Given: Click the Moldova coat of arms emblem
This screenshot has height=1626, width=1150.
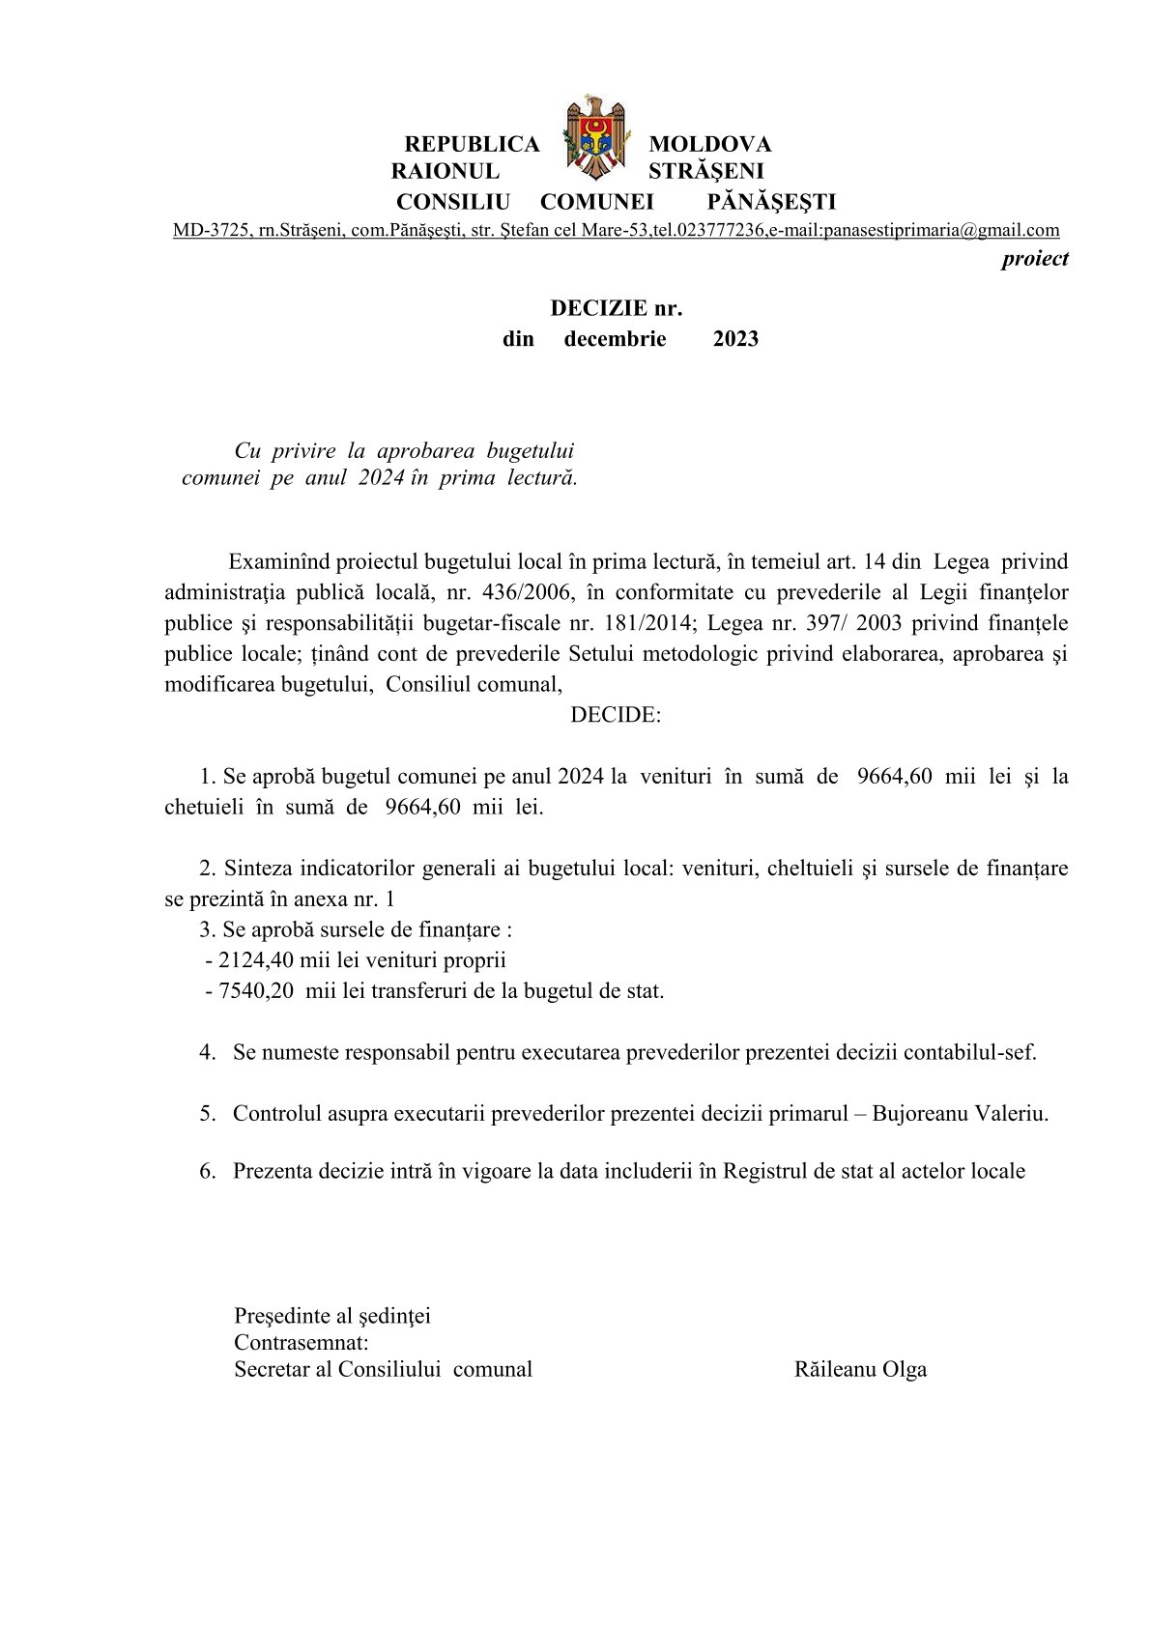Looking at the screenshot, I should (x=594, y=137).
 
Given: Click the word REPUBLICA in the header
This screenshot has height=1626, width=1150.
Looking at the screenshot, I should (x=472, y=144).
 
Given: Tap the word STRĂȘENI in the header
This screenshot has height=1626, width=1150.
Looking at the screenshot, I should (x=705, y=171).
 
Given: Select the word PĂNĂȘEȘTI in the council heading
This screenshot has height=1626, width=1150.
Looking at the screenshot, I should (x=771, y=202).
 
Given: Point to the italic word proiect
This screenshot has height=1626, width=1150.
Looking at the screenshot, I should (x=1035, y=258).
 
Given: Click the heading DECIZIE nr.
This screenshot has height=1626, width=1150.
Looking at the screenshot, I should (x=617, y=308).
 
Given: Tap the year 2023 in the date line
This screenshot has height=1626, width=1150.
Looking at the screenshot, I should (x=735, y=339).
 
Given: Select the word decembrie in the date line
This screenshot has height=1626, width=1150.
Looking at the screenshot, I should (x=615, y=339).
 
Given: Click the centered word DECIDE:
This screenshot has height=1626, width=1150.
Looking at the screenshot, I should (x=616, y=715).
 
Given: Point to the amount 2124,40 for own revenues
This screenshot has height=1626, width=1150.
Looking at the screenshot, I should (x=254, y=960).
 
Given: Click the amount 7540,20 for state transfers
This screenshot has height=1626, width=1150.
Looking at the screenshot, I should (x=256, y=991).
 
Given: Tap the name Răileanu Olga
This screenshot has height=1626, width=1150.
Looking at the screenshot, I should (x=860, y=1369).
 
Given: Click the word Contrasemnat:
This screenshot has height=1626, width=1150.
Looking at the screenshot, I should (x=302, y=1342).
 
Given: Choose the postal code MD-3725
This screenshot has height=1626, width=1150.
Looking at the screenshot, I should (x=210, y=231).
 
